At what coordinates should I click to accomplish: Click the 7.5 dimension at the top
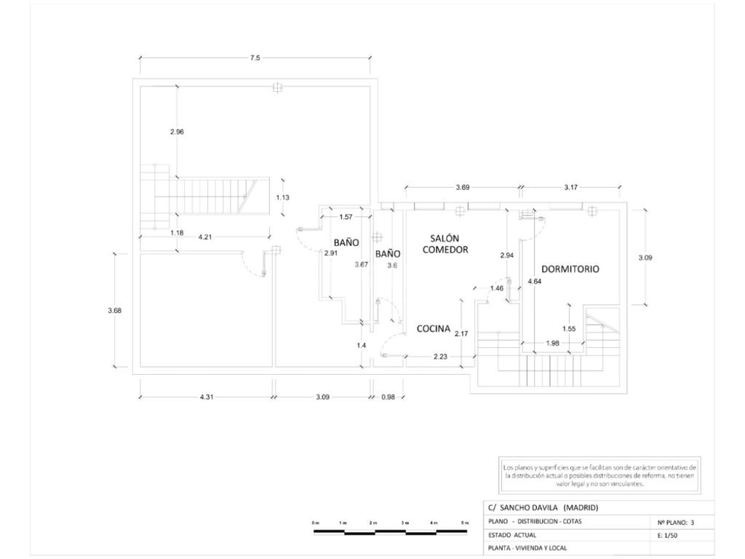coord(255,58)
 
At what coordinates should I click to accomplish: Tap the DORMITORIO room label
coord(570,269)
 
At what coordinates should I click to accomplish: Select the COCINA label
coord(434,329)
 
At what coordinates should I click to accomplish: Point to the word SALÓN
coord(444,238)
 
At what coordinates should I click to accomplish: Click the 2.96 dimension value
coord(177,132)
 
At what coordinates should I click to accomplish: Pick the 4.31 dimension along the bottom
coord(206,397)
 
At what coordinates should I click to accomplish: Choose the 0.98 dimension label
coord(388,397)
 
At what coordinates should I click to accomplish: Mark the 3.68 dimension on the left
coord(114,311)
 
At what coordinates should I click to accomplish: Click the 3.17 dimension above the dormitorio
coord(571,187)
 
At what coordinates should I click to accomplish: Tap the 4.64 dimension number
coord(535,281)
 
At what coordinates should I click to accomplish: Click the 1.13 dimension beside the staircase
coord(283,197)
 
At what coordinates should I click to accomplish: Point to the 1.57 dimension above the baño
coord(346,217)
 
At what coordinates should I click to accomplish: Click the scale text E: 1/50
coord(668,535)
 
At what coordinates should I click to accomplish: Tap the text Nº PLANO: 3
coord(676,522)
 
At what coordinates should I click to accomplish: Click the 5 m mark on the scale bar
coord(465,523)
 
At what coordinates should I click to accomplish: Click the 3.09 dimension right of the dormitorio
coord(645,257)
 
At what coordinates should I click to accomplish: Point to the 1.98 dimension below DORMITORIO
coord(553,344)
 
